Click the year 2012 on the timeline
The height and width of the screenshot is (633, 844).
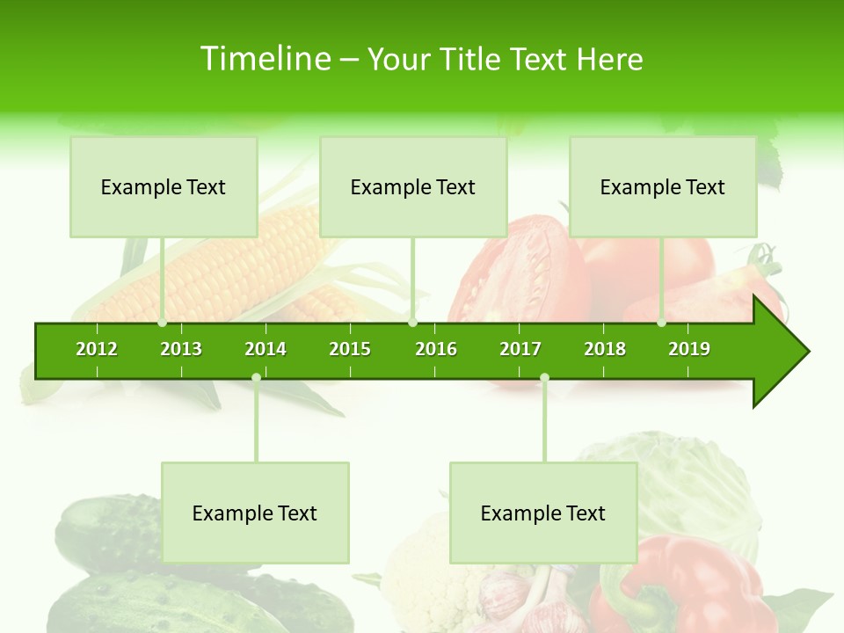point(97,349)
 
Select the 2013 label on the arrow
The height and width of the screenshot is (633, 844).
point(181,349)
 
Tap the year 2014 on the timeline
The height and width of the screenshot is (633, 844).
point(266,349)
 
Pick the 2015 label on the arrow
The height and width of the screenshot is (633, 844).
point(350,349)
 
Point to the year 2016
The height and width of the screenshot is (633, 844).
point(436,349)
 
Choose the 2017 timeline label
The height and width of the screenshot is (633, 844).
point(520,349)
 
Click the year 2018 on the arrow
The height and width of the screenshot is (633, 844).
point(605,349)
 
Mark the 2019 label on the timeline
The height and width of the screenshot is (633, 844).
point(689,349)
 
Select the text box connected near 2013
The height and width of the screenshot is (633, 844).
point(164,187)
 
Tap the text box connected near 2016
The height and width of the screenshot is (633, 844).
point(413,187)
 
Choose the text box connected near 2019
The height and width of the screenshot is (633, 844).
point(663,187)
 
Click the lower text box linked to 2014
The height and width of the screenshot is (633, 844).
point(255,513)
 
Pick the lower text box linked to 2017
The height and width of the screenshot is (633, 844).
point(543,513)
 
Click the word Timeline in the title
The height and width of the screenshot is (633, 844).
point(264,59)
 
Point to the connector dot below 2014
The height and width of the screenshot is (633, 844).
point(256,378)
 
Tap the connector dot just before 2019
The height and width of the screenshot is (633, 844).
point(662,323)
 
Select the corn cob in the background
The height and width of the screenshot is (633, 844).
point(237,264)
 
